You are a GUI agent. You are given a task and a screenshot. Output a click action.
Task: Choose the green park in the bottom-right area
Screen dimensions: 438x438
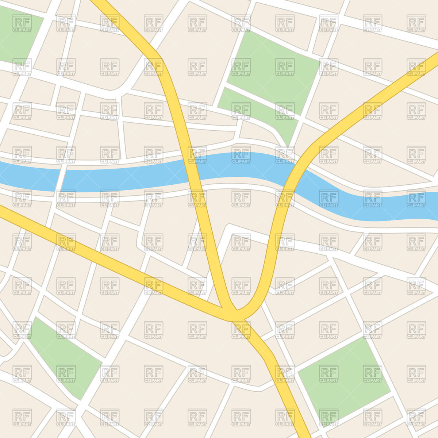[x=343, y=380]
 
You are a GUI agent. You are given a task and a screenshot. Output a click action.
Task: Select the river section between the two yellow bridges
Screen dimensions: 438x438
[x=241, y=166]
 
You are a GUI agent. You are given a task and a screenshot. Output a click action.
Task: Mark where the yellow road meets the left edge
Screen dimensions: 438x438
[x=2, y=212]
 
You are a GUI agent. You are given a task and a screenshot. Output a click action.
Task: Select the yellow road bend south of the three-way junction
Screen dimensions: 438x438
[x=268, y=352]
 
